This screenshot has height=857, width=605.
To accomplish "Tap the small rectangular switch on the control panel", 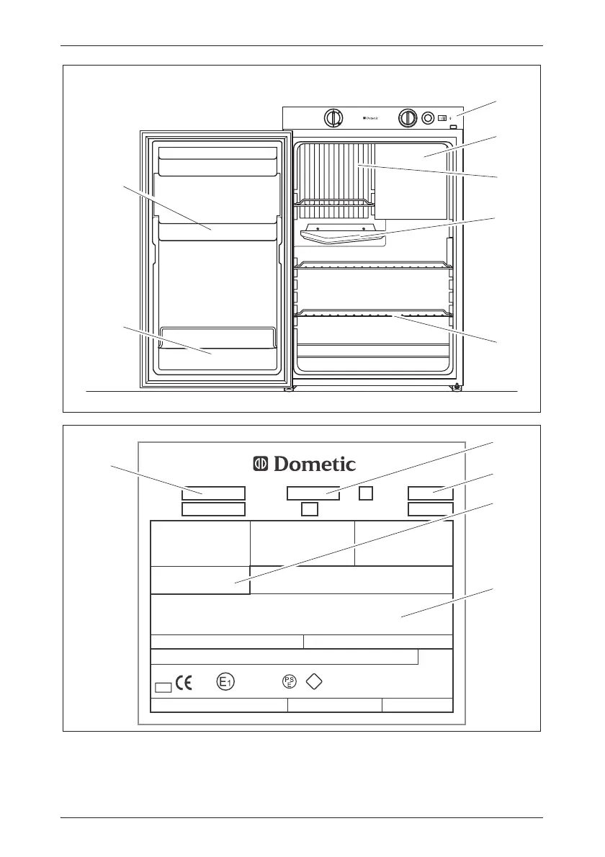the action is pyautogui.click(x=443, y=117).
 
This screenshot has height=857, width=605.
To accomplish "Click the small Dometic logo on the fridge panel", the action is pyautogui.click(x=370, y=118).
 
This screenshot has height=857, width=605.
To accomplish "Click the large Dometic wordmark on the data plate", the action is pyautogui.click(x=304, y=465).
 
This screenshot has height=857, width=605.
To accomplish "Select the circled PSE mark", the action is pyautogui.click(x=289, y=682).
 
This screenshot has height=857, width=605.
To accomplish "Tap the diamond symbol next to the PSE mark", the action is pyautogui.click(x=314, y=682).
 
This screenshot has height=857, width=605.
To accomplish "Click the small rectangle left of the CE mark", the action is pyautogui.click(x=163, y=686).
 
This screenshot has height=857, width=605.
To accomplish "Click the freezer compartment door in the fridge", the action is pyautogui.click(x=411, y=180).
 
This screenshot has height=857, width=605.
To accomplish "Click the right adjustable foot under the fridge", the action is pyautogui.click(x=456, y=387).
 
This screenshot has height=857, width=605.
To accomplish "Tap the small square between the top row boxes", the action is pyautogui.click(x=366, y=493).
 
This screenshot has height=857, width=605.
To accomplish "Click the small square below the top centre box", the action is pyautogui.click(x=310, y=509).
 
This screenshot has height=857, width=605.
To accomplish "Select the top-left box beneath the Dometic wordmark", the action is pyautogui.click(x=213, y=493).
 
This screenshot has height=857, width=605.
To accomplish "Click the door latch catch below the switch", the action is pyautogui.click(x=453, y=127).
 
